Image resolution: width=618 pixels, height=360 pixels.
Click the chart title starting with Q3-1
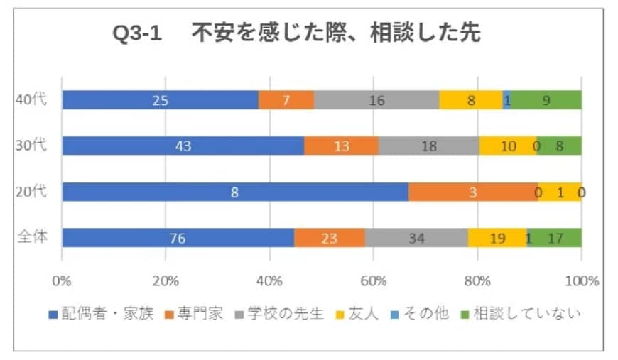[x=296, y=35]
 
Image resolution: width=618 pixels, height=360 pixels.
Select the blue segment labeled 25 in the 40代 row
[x=160, y=100]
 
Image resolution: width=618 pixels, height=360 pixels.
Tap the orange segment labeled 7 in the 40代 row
[x=286, y=100]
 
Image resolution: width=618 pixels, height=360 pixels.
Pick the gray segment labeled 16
[x=376, y=100]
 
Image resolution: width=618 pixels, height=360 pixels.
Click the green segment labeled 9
[x=546, y=100]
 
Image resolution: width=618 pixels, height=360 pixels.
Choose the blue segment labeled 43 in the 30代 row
[x=183, y=146]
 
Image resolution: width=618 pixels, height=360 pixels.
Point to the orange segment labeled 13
[x=342, y=146]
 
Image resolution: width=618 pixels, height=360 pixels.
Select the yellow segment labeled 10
[x=507, y=146]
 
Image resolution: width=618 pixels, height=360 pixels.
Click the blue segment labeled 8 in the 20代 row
[x=235, y=192]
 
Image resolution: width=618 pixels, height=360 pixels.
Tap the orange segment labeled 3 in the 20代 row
[x=473, y=192]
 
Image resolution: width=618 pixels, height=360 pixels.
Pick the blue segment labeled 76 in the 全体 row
[x=178, y=238]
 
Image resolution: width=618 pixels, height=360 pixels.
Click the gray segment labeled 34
[x=416, y=238]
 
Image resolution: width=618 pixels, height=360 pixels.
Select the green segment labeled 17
[x=556, y=238]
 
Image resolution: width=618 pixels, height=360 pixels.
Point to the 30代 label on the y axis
[x=31, y=146]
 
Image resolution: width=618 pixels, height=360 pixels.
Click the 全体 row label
[x=32, y=237]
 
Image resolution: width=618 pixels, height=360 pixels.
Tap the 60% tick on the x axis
[x=374, y=280]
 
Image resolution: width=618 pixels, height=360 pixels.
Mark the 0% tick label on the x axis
[x=62, y=280]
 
